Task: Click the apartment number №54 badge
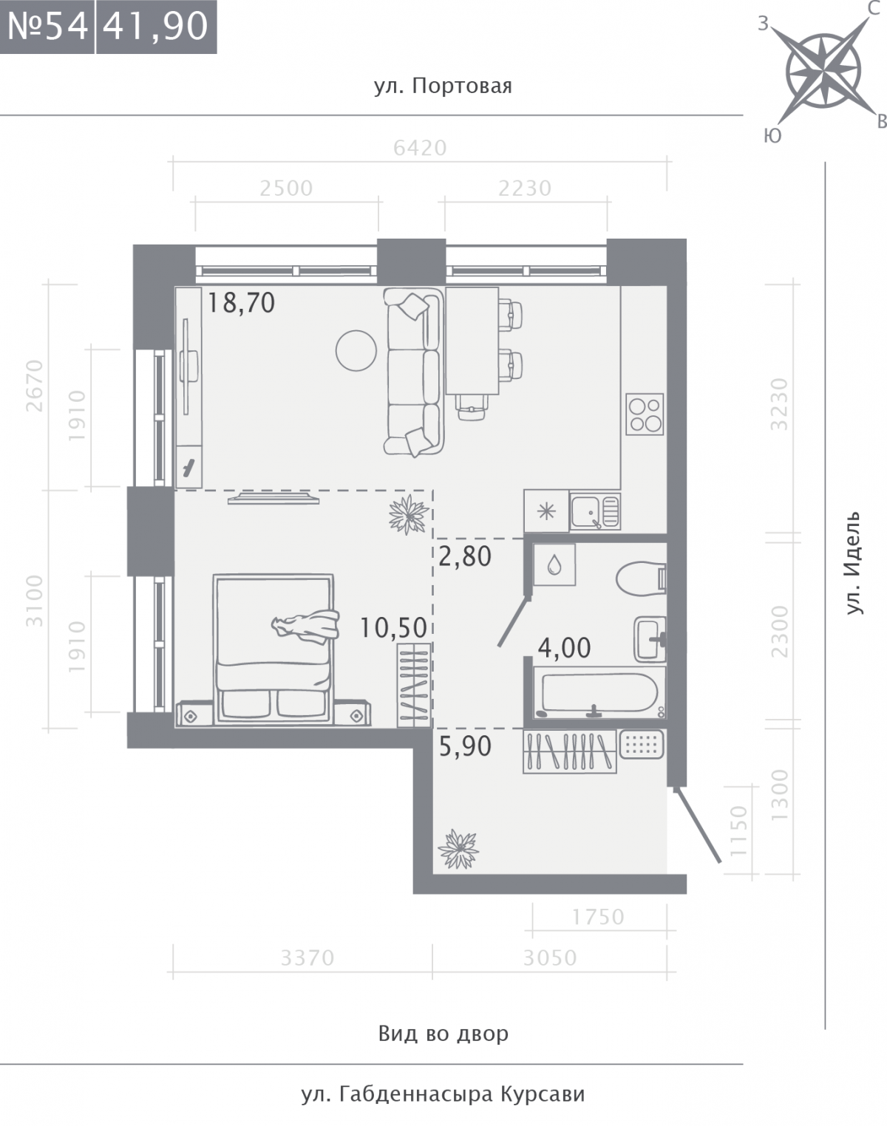point(47,27)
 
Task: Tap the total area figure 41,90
point(157,27)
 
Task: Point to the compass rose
point(823,71)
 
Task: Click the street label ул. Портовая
point(443,86)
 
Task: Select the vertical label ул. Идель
point(853,563)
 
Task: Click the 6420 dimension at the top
point(420,148)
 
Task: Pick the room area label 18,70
point(242,303)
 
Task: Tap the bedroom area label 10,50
point(393,628)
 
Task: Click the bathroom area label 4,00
point(565,648)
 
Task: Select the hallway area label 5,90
point(465,746)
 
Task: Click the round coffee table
point(356,350)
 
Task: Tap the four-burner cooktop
point(645,414)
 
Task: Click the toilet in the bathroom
point(641,579)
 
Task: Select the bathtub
point(599,693)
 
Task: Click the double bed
point(273,649)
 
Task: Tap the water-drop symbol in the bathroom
point(554,564)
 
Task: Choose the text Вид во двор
point(443,1034)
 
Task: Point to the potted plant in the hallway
point(458,849)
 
